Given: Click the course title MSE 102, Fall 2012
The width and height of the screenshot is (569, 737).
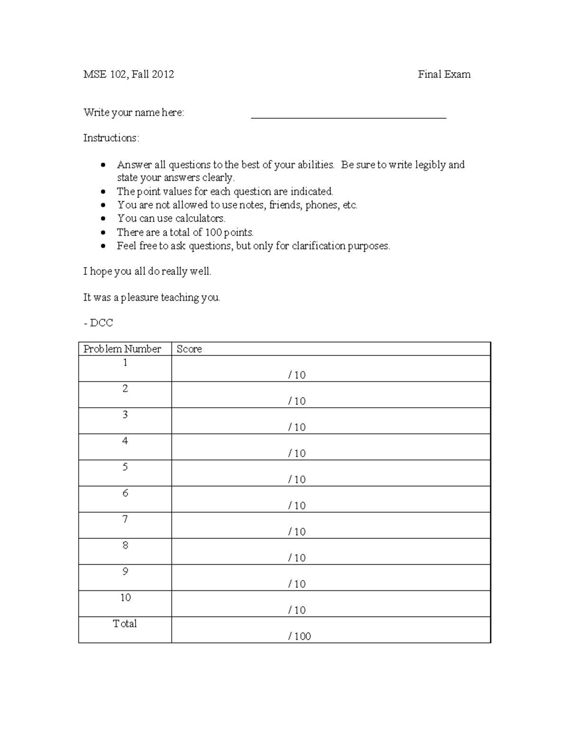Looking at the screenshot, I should [x=128, y=74].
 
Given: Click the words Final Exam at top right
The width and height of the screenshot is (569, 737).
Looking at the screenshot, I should [x=444, y=74].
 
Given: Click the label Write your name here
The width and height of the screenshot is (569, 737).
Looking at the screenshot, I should [x=134, y=112].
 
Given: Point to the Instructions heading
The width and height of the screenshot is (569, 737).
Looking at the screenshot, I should [x=111, y=138].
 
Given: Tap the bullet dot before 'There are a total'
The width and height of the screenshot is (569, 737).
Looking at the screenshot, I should [x=104, y=233].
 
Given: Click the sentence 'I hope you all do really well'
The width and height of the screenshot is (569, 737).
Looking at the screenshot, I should [x=147, y=271].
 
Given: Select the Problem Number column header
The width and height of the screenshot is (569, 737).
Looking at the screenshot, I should [x=122, y=349].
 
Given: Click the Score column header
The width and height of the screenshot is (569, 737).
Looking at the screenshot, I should [x=189, y=349].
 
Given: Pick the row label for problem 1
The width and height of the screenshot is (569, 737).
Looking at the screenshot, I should [x=125, y=363].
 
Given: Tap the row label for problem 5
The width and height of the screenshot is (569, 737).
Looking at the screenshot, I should [x=125, y=467].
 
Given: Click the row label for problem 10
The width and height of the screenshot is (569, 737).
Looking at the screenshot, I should [x=125, y=597].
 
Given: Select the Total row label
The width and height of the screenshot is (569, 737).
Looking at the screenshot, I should [x=125, y=624].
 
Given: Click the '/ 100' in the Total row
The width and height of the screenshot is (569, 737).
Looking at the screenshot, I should [x=299, y=636].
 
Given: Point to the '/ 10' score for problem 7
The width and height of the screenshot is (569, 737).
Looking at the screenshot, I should [x=297, y=532].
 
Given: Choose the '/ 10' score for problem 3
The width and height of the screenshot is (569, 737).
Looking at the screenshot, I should [x=297, y=428].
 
